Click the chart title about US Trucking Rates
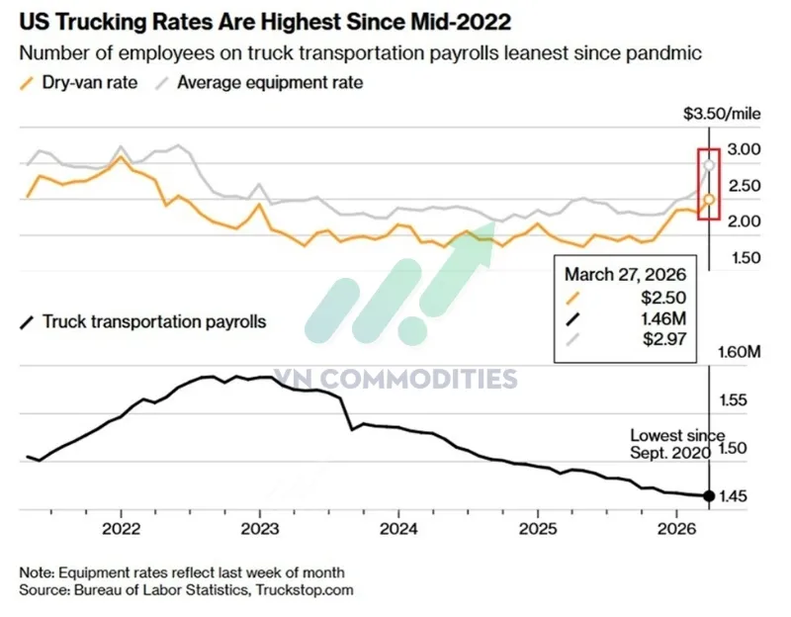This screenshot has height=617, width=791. pos(266,20)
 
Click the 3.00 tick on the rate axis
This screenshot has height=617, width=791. pos(744,149)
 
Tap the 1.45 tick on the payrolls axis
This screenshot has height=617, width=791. pos(744,495)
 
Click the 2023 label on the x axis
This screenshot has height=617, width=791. pos(259,527)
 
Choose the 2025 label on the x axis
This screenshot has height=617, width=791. pos(537,527)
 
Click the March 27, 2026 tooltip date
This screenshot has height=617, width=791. pos(624,274)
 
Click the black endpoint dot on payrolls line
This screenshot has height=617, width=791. pos(709,495)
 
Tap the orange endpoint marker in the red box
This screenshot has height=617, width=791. pos(709,200)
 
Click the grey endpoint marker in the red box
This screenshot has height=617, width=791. pos(709,164)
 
